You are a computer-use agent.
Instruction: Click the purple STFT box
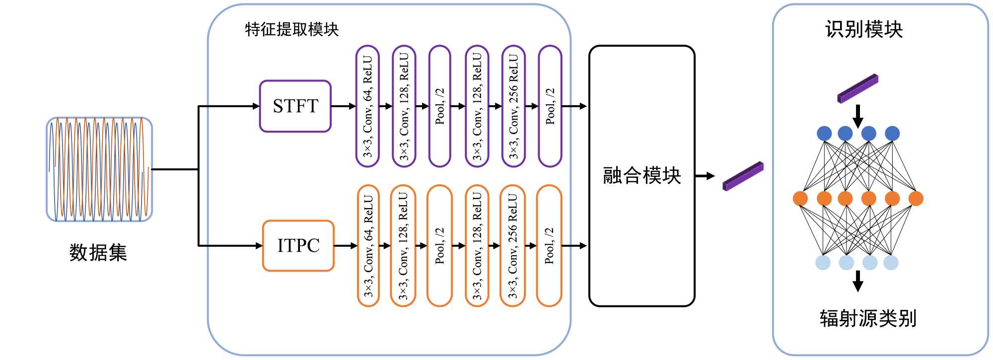pos(295,106)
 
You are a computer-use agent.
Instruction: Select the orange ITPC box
pos(298,246)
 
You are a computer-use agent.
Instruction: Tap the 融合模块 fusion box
pos(641,176)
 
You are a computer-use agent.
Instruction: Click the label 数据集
pos(98,253)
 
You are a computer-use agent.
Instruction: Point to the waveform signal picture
pos(99,169)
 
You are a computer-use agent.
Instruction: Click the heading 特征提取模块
pos(291,30)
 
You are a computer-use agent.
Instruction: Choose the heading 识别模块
pos(863,30)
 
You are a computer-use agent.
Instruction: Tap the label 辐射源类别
pos(867,318)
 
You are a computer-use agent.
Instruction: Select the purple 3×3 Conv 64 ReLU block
pos(367,106)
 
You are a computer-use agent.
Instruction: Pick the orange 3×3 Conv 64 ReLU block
pos(368,246)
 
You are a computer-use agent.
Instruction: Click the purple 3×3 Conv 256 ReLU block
pos(513,106)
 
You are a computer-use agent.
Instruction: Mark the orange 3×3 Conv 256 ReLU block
pos(512,246)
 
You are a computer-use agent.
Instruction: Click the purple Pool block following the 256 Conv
pos(550,106)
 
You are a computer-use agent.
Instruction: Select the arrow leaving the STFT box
pos(343,106)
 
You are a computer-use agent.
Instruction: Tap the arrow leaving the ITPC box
pos(346,246)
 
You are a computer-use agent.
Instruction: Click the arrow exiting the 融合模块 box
pos(705,176)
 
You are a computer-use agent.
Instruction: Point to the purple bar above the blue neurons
pos(857,88)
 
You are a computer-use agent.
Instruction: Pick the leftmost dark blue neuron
pos(824,134)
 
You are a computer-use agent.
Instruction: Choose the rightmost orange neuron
pos(916,199)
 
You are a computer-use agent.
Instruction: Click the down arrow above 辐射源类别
pos(857,282)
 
